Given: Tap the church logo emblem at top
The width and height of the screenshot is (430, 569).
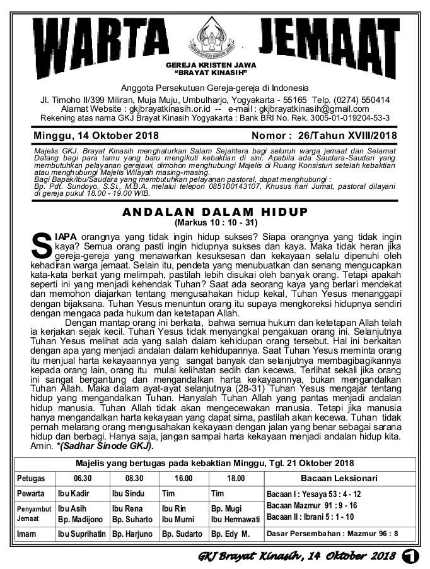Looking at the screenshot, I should (214, 35).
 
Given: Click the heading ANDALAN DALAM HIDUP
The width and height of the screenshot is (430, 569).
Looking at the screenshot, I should (214, 212).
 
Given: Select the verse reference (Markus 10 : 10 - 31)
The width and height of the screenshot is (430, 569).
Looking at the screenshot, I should (214, 223).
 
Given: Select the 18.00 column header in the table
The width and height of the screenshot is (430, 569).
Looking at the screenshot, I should (236, 479).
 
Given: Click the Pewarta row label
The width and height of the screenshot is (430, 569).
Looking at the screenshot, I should (31, 493).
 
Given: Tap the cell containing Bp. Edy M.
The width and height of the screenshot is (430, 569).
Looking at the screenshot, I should (231, 534).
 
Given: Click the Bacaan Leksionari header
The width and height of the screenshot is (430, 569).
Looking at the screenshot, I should (339, 478).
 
